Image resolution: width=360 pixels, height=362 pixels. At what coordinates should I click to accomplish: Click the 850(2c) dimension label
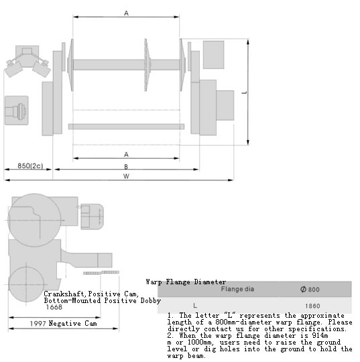coord(30,166)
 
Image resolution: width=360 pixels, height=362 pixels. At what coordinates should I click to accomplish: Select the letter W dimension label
coord(126,176)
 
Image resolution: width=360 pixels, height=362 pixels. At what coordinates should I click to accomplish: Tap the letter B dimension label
coord(126,167)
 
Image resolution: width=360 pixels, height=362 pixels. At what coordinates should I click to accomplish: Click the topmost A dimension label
coord(126,13)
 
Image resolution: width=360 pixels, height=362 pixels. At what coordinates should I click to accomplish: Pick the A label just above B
coord(126,154)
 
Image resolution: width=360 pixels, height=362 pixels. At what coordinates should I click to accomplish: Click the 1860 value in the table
coord(312,306)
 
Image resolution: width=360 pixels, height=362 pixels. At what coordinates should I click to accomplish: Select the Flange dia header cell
coord(237,289)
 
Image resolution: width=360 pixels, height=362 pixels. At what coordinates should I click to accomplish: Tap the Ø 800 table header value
coord(310,290)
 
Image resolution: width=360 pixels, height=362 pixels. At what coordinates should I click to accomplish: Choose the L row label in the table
coord(195,306)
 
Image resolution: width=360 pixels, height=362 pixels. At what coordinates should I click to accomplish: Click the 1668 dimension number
coord(54,307)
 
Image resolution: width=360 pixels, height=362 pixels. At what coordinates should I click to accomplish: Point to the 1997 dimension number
coord(38,323)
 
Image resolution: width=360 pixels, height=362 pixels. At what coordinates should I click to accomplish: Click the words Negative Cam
coord(73,323)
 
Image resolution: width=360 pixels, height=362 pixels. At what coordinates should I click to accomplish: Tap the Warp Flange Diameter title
coord(186,282)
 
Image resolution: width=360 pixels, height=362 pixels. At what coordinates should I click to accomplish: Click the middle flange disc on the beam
coord(146,64)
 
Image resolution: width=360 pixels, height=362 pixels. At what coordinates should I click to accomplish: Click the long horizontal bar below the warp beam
coord(126,126)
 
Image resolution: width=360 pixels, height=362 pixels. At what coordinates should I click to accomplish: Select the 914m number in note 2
coord(320,335)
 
